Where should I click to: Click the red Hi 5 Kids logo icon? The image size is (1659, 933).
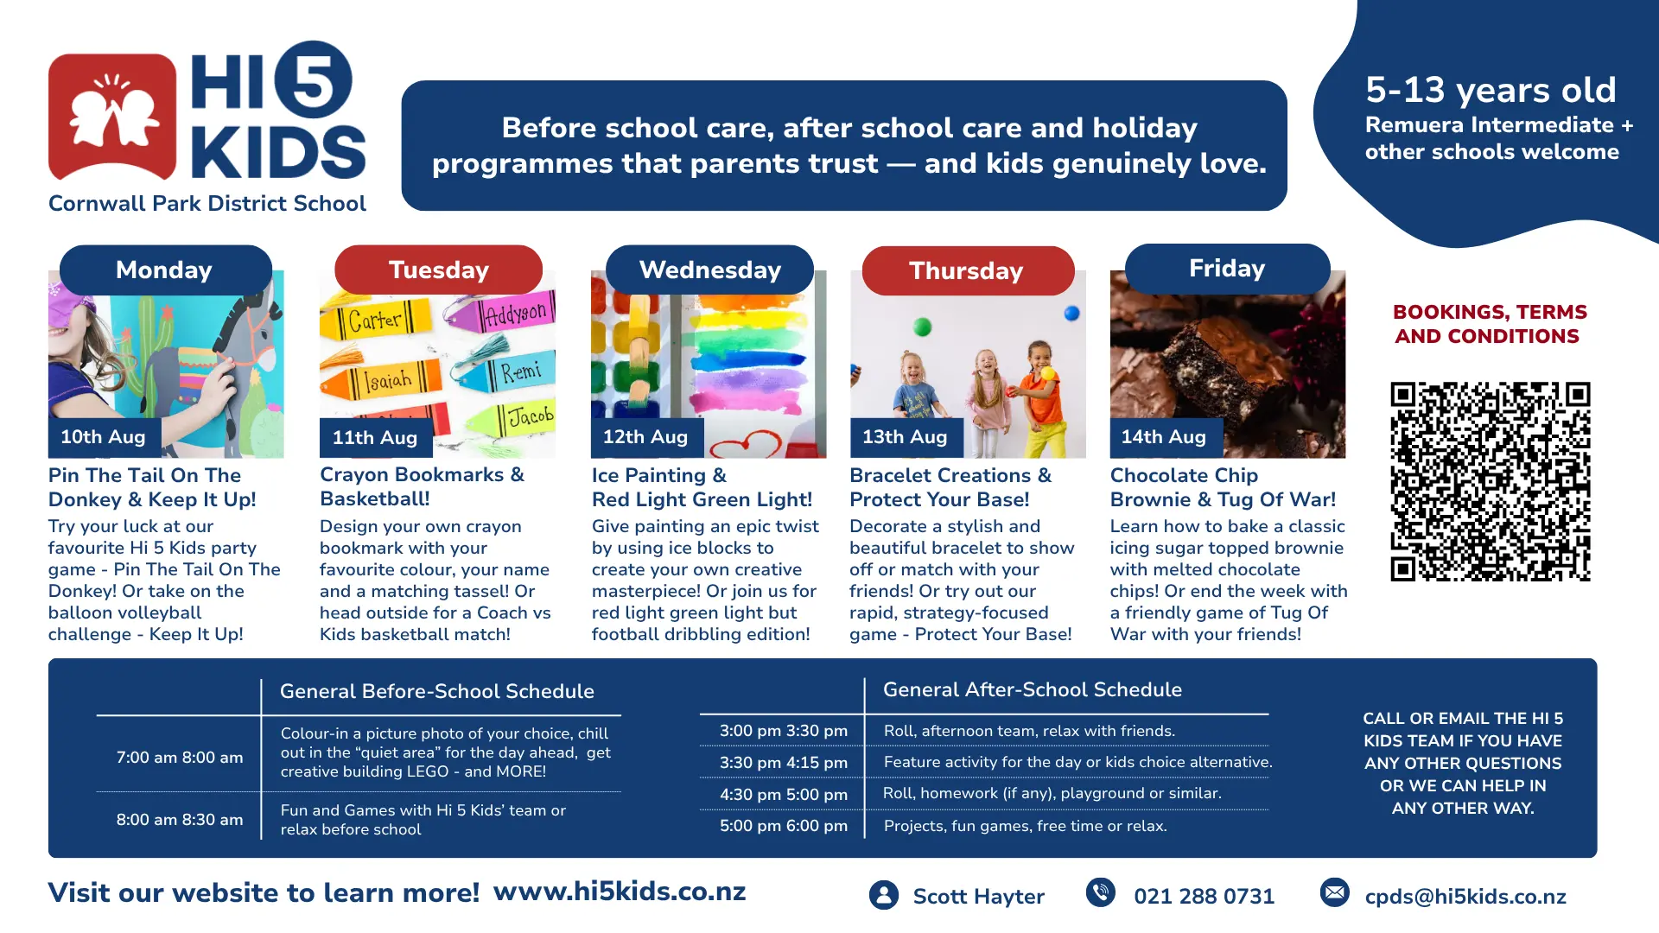coord(112,117)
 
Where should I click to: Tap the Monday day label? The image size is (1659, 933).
coord(165,270)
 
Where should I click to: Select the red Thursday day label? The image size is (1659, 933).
coord(968,271)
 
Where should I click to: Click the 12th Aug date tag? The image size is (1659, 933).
coord(646,437)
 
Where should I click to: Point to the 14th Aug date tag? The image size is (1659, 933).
coord(1165,437)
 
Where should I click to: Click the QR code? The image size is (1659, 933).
coord(1491,481)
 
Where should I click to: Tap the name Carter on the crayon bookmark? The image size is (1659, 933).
coord(375,321)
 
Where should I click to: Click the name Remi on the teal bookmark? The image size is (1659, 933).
coord(521,372)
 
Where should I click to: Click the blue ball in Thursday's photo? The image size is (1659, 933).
coord(1071,314)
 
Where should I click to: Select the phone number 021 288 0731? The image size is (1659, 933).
coord(1204,897)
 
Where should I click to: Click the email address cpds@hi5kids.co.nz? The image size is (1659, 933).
coord(1465,897)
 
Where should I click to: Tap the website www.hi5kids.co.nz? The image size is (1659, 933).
coord(620,892)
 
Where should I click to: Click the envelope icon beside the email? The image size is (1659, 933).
coord(1335,892)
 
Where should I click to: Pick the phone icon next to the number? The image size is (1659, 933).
coord(1101,892)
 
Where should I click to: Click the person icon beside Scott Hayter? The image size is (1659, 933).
coord(884,895)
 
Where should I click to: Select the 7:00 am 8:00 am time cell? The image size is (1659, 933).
coord(180,758)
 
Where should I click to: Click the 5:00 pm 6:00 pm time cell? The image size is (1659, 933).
coord(784,826)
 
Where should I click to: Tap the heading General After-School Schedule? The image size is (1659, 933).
coord(1033,689)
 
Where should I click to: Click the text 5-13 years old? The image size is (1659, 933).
coord(1491,90)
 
